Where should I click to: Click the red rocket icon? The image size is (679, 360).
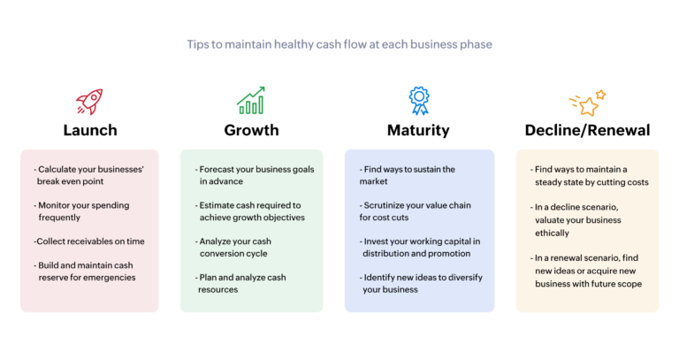coord(89,101)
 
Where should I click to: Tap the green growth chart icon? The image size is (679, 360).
coord(251,101)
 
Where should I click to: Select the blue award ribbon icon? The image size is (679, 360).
coord(417,101)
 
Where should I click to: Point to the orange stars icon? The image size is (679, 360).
coord(587,103)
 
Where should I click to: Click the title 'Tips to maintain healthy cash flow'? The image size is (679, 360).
coord(339,43)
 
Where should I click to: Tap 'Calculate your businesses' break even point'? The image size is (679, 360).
coord(88,174)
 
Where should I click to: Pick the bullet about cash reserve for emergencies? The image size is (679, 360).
coord(88,271)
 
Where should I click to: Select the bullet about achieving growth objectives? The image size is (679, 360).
coord(251,211)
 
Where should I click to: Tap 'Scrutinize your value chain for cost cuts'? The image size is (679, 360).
coord(412,211)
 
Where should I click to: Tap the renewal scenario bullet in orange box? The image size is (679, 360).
coord(587,269)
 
